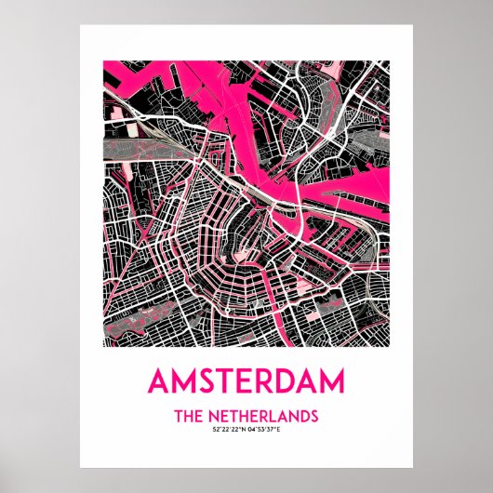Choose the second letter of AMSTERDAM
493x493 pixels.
click(182, 381)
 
